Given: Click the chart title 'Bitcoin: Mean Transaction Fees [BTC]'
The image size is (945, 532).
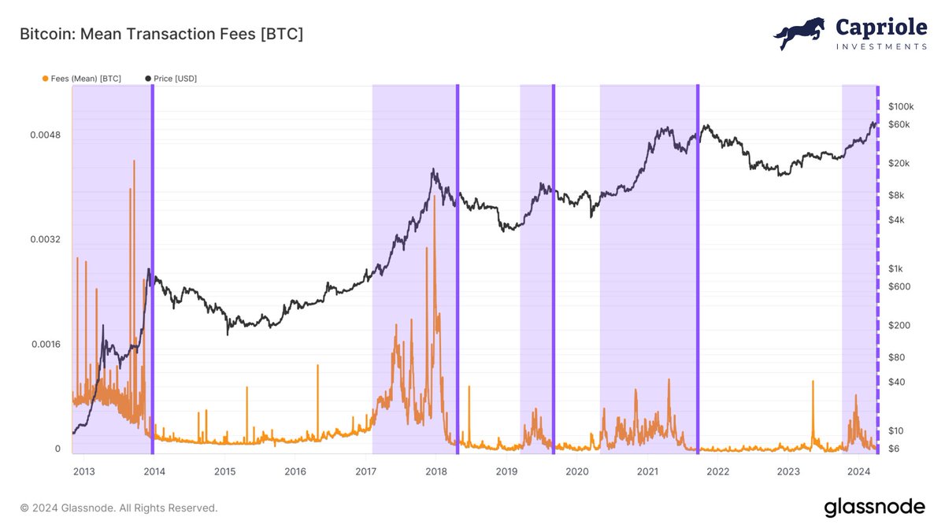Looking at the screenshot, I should tap(161, 35).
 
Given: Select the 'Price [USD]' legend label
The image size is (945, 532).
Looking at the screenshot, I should tap(175, 79).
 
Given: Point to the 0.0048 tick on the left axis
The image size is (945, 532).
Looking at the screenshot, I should tap(46, 135).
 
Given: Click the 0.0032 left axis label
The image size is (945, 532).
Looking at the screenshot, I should tap(46, 239).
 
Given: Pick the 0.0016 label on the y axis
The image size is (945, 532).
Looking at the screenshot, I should tap(46, 344).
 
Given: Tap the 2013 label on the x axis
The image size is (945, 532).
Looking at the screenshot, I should tap(83, 471).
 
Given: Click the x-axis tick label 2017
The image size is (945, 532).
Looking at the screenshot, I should tap(366, 471).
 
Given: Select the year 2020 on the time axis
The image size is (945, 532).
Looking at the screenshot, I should tap(577, 471).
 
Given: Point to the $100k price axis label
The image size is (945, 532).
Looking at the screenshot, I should tap(900, 106).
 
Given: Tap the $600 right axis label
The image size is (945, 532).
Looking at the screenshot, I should tap(899, 286).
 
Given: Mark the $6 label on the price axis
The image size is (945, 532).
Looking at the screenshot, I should tap(894, 449).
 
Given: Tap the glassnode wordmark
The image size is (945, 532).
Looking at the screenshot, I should tap(874, 508).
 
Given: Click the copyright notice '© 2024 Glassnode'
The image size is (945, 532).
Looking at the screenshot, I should tap(118, 508).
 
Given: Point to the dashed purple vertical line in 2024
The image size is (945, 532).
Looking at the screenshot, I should tap(878, 268).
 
